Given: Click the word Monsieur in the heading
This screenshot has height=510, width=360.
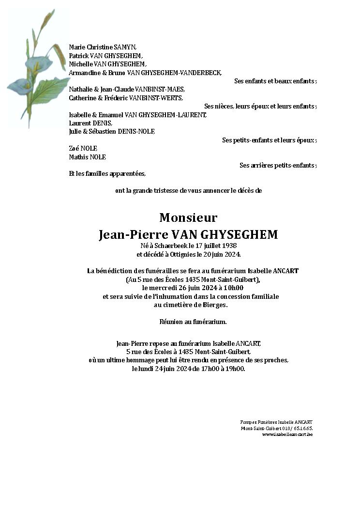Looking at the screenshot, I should pos(188,217).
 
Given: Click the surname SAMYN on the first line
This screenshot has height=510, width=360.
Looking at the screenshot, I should pos(125,47).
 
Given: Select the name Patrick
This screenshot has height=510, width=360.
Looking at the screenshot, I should pos(79,56).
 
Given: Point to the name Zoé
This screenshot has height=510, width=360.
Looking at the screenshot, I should pos(75,148).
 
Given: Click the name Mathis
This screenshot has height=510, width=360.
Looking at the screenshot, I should pos(78,157).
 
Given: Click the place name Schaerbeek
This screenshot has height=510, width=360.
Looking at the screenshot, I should pos(167,246).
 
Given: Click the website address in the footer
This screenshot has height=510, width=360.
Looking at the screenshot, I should pos(287,434).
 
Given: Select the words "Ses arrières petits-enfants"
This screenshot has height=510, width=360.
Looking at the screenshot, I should pos(277,165).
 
